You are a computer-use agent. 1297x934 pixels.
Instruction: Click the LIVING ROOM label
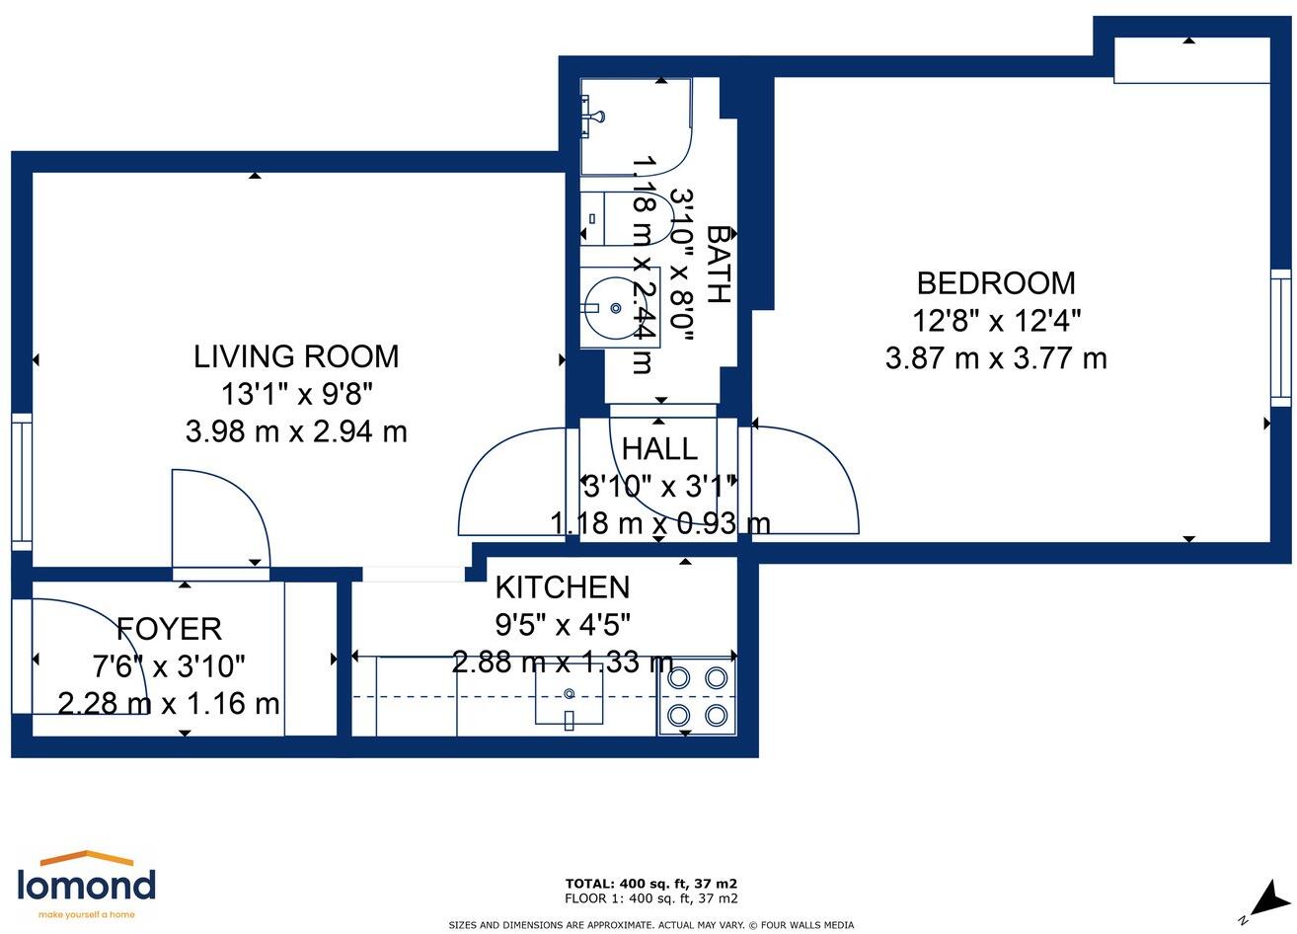tap(296, 356)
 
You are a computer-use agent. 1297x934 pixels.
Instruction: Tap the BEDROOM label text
tap(996, 283)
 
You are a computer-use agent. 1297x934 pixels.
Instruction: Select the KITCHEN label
tap(563, 587)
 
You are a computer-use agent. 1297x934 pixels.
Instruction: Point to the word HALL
tap(659, 449)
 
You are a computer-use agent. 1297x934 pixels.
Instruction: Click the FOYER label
tap(169, 629)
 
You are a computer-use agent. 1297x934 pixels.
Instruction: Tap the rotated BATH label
tap(719, 264)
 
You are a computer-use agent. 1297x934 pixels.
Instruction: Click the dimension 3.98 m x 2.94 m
tap(296, 432)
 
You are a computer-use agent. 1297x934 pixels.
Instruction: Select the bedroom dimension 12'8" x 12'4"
tap(997, 320)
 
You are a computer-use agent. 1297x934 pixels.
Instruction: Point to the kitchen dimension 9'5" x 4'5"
tap(563, 625)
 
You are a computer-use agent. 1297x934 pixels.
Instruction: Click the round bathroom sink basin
tap(615, 307)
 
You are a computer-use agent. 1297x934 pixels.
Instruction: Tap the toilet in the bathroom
tap(627, 219)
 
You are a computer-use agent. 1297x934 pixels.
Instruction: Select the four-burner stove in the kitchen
tap(697, 697)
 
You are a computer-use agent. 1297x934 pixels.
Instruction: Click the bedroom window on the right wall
tap(1281, 339)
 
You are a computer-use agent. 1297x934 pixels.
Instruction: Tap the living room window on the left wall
tap(22, 482)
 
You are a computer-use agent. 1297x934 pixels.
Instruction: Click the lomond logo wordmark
tap(87, 886)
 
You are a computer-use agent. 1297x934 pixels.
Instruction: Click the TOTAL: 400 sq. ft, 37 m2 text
tap(650, 884)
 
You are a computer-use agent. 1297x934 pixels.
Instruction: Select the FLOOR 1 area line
tap(650, 898)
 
